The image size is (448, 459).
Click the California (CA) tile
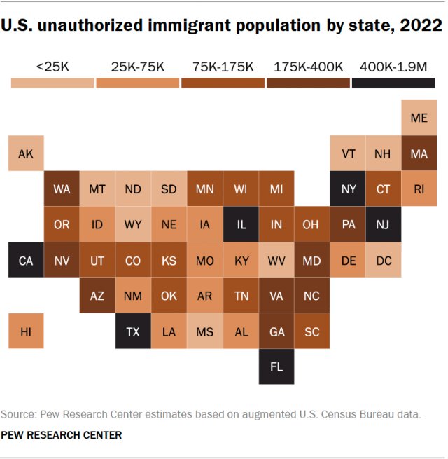[26, 260]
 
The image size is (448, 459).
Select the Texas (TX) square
[133, 331]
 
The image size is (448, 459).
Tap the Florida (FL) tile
[276, 366]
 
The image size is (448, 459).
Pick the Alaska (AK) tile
[26, 153]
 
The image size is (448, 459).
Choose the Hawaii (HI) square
[26, 331]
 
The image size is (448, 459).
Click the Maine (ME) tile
[419, 118]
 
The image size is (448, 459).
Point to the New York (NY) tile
[348, 189]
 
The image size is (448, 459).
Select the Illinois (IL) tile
[241, 225]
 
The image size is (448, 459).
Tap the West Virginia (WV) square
[276, 260]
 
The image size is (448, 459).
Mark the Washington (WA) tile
[62, 189]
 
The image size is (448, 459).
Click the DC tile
[383, 260]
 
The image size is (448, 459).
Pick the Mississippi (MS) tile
[204, 331]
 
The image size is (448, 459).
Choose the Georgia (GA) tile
[276, 331]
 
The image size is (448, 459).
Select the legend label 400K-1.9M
[393, 67]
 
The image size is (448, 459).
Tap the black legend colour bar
[393, 83]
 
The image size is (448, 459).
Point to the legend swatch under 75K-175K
[223, 83]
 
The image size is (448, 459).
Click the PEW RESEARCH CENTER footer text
[62, 435]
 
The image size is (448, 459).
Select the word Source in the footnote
[20, 414]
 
